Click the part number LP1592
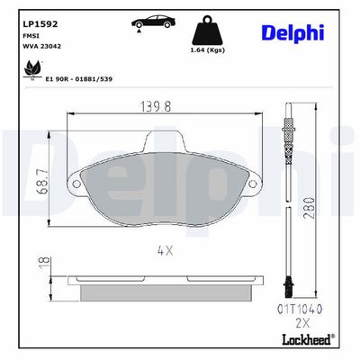pyautogui.click(x=40, y=24)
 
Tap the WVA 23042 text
pyautogui.click(x=42, y=46)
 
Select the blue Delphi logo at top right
pyautogui.click(x=293, y=32)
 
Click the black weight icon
pyautogui.click(x=208, y=31)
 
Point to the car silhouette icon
pyautogui.click(x=153, y=22)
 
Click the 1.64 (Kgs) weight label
pyautogui.click(x=208, y=50)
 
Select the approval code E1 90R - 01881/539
pyautogui.click(x=79, y=79)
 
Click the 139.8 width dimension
pyautogui.click(x=156, y=107)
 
